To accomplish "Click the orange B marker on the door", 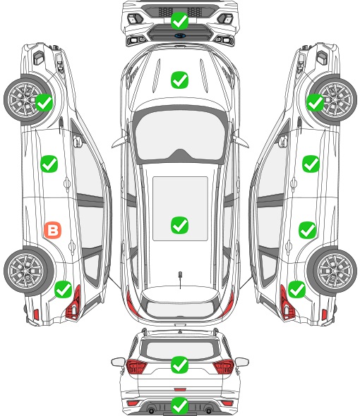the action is click(x=53, y=230).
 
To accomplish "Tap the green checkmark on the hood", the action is click(x=179, y=80).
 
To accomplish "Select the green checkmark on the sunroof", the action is click(x=179, y=225).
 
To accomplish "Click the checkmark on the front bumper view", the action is click(x=179, y=20).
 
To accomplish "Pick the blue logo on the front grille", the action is click(x=180, y=35).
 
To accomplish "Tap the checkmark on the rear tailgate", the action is click(x=179, y=365).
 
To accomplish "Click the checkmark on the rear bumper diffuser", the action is click(x=179, y=405).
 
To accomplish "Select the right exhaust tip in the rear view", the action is click(x=209, y=410).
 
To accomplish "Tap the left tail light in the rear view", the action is click(x=136, y=367).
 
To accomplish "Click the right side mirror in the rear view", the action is click(x=242, y=362).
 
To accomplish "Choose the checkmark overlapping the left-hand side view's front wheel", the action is click(x=44, y=103).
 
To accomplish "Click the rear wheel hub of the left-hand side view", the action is click(x=26, y=271).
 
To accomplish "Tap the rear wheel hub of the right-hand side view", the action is click(x=334, y=271).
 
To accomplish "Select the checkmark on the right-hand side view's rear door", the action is click(x=307, y=230).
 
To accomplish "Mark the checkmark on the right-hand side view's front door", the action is click(x=311, y=164).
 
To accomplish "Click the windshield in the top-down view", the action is click(x=180, y=135).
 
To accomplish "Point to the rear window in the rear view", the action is click(x=180, y=350).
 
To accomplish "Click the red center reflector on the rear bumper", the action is click(x=180, y=389).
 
